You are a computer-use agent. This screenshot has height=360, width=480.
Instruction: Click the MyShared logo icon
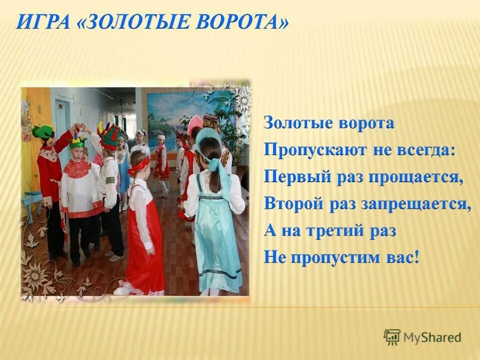[392, 337]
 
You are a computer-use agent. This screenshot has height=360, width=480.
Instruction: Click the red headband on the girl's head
[138, 164]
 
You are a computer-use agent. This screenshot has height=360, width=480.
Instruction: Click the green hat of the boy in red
[43, 131]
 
